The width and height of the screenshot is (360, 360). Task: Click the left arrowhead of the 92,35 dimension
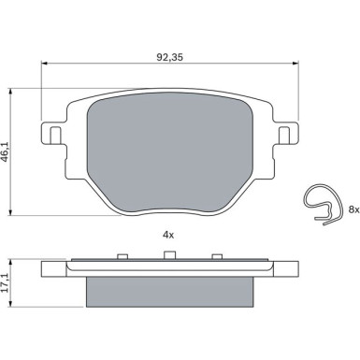(x=45, y=65)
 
